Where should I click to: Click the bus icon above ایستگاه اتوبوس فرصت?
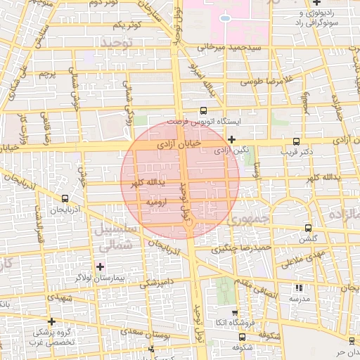point(203,110)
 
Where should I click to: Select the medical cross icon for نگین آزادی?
point(231,140)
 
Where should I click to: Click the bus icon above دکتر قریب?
point(297,140)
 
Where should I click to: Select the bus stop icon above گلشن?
point(309,229)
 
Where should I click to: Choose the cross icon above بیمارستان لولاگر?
point(100,266)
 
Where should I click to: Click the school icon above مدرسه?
point(300,288)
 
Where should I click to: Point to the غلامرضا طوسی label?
point(266,82)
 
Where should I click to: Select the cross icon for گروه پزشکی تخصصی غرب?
point(51,321)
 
